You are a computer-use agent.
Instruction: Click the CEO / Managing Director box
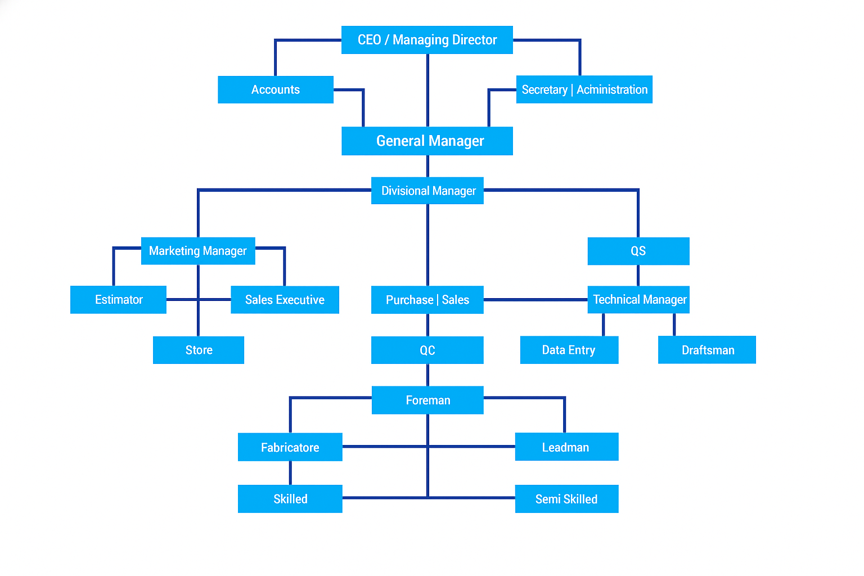click(x=427, y=40)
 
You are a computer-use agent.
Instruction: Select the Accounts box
click(x=276, y=89)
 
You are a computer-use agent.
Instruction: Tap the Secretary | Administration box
click(x=584, y=89)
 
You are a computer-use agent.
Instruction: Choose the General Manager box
click(x=427, y=141)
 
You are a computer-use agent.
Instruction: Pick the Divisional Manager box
click(x=427, y=191)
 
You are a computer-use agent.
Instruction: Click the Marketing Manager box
click(x=198, y=251)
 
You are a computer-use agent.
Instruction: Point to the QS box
click(x=638, y=251)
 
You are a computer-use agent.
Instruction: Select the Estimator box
click(x=118, y=300)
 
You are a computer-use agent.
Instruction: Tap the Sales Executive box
click(x=285, y=300)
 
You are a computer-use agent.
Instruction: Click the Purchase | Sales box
click(x=427, y=300)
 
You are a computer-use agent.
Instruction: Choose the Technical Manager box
click(x=638, y=300)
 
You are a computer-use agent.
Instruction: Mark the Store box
click(x=199, y=350)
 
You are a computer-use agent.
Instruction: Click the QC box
click(x=427, y=350)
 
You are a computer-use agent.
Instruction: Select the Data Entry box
click(x=569, y=350)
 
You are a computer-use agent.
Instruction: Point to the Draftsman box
click(x=707, y=350)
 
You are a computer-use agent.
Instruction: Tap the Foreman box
click(x=427, y=400)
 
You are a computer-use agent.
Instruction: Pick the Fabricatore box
click(x=290, y=447)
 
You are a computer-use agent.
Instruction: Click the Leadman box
click(x=566, y=447)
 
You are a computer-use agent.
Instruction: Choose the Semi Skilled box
click(x=566, y=499)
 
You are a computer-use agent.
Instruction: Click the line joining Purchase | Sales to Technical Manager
click(x=535, y=300)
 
